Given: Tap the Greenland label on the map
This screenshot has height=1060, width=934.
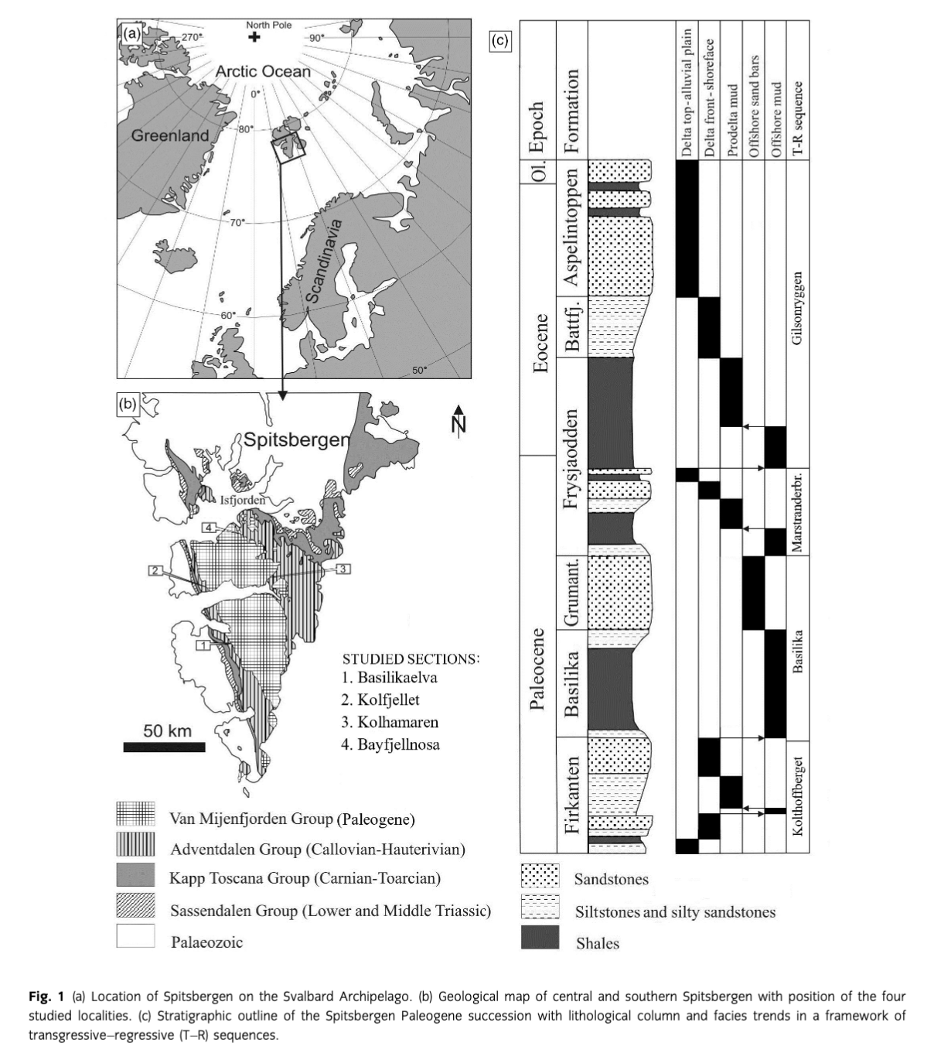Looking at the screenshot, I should pos(170,136).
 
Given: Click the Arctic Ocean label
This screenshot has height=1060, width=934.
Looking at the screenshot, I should pos(263,72).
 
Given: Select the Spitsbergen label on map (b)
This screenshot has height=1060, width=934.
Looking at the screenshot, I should pos(297,440).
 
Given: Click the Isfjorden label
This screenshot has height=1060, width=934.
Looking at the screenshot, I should pos(243,500).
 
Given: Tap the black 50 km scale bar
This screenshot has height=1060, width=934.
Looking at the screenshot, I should pos(164,747).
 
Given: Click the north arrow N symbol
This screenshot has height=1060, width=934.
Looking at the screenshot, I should pos(459,420).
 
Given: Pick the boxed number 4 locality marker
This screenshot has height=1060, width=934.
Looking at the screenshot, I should pos(210,527).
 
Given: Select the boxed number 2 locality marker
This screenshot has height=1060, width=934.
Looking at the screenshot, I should pos(155,570).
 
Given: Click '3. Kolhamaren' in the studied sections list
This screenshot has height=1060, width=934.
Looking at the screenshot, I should pos(390,722).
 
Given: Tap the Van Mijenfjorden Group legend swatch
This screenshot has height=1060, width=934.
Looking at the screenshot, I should pos(135,814).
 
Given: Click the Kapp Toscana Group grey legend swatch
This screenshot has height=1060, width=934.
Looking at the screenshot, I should pos(135,875).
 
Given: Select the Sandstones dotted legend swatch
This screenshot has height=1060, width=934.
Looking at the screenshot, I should pos(540,877).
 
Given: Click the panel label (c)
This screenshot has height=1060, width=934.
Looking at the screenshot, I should pos(499,40).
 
